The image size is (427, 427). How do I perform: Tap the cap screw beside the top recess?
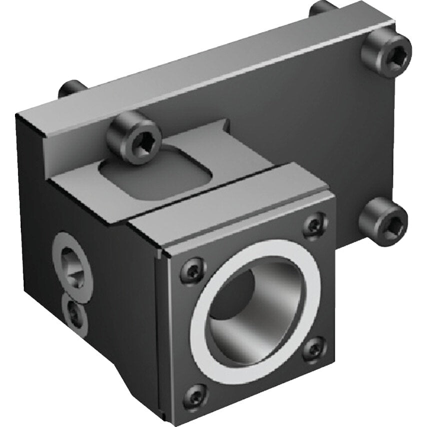133,137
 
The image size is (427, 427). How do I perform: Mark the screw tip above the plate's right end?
322,8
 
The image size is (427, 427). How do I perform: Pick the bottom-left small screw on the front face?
195,396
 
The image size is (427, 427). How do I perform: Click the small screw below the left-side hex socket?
74,313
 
